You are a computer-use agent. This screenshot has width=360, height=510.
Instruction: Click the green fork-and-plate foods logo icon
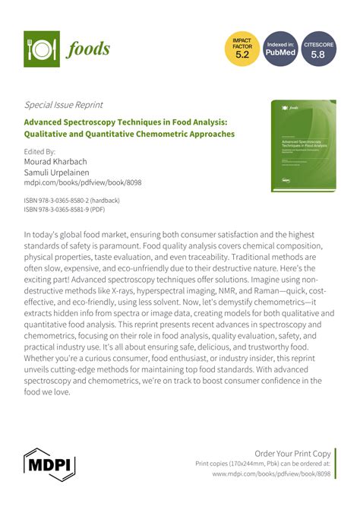coord(42,49)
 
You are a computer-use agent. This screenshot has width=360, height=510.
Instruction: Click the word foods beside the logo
coord(88,49)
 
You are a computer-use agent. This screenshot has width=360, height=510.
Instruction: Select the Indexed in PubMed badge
coord(280,49)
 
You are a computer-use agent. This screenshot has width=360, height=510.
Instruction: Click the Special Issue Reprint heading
coord(64,104)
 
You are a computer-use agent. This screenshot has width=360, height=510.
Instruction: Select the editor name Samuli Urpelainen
coord(63,172)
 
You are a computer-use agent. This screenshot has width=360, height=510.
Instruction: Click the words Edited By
coord(40,151)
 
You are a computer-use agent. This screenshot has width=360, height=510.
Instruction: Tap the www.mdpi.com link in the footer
coord(271,473)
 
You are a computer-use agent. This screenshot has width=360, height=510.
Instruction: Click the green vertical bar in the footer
coord(336,462)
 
